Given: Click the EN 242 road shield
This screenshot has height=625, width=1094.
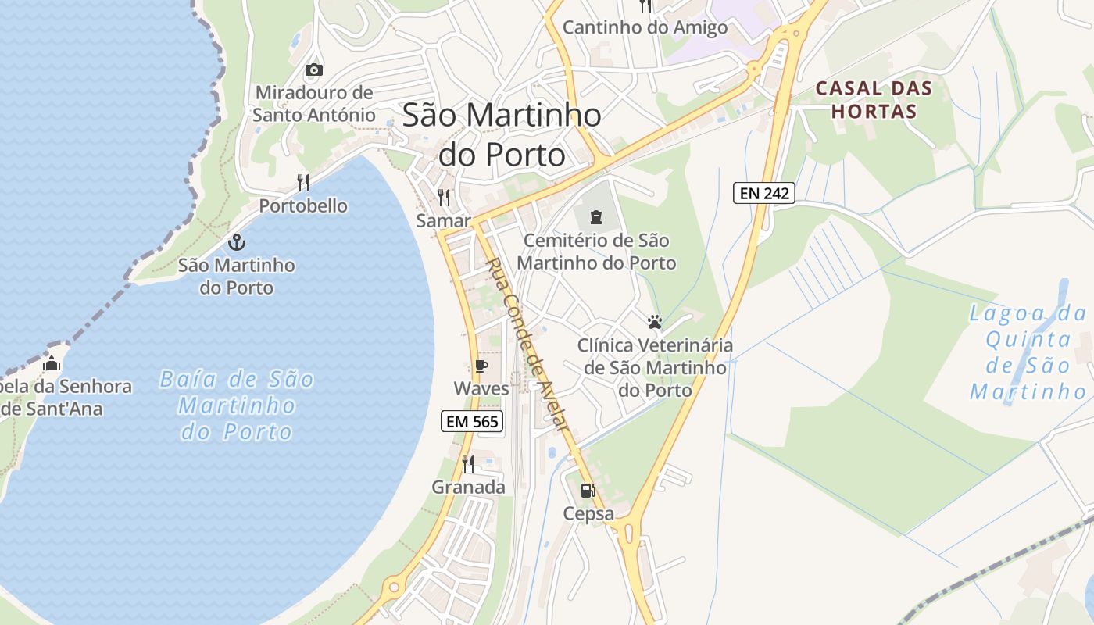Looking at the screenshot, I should pos(763,193).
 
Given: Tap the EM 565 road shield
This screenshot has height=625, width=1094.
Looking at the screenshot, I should pos(471,421).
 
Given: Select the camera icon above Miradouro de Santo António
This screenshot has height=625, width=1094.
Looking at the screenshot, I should pos(314,70).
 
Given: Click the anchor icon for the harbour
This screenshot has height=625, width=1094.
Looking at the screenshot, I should pos(236,242).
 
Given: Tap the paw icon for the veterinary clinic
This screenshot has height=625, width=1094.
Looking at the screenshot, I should pos(655,322).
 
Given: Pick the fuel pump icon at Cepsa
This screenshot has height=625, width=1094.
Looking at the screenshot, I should pos(588,491).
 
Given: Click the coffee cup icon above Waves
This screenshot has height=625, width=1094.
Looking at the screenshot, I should pos(481,366).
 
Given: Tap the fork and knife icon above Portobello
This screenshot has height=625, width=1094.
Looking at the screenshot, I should pos(303,183).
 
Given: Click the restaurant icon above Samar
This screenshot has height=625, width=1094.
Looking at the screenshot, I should pos(444,197).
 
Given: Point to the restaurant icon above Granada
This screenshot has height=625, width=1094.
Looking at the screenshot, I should pos(468,464).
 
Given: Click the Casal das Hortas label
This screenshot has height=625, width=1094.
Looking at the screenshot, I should pos(874,99).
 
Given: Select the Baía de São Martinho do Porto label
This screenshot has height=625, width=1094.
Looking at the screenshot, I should pos(237,405).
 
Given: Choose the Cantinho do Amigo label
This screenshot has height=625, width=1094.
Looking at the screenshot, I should pos(645,27).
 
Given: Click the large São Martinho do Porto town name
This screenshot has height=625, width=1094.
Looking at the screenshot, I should pos(502,134).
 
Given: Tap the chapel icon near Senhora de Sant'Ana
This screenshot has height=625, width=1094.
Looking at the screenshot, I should pos(52,363).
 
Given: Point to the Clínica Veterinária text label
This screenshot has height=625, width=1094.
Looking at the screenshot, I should pos(655,367).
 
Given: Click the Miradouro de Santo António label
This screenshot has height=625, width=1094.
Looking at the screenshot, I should pos(314,103).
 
